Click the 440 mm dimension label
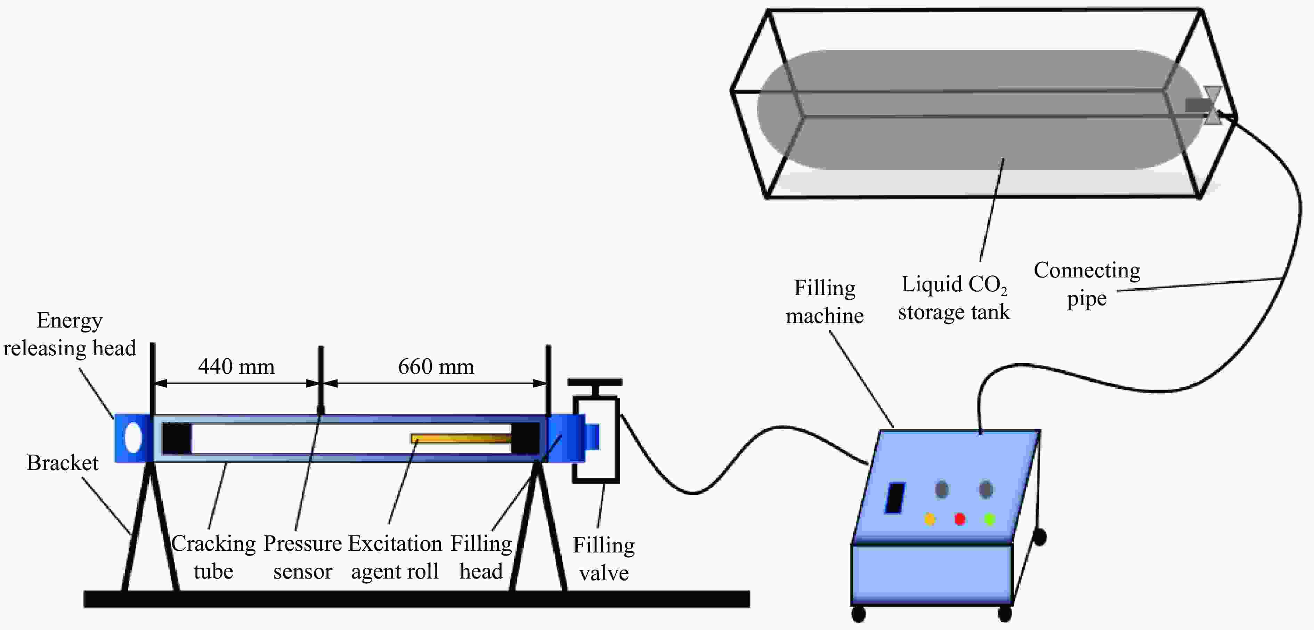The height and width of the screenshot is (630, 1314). pyautogui.click(x=236, y=366)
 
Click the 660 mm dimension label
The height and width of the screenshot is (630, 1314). pyautogui.click(x=436, y=366)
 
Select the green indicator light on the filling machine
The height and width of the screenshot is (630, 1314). pyautogui.click(x=990, y=519)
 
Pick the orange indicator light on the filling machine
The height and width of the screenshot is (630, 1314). pyautogui.click(x=930, y=519)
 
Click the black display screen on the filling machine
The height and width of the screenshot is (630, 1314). pyautogui.click(x=895, y=498)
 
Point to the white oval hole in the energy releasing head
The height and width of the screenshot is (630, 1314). pyautogui.click(x=133, y=438)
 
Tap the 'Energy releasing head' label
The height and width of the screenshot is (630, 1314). pyautogui.click(x=70, y=334)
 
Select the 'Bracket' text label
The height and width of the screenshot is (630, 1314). pyautogui.click(x=62, y=463)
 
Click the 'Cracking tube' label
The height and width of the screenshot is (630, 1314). pyautogui.click(x=213, y=557)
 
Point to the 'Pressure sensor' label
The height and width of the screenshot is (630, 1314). pyautogui.click(x=302, y=557)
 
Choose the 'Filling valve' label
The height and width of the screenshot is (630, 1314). pyautogui.click(x=604, y=559)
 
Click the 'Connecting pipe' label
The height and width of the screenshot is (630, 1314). pyautogui.click(x=1087, y=284)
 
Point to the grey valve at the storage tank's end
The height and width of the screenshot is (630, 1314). pyautogui.click(x=1212, y=105)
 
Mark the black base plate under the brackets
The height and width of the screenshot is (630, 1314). pyautogui.click(x=416, y=599)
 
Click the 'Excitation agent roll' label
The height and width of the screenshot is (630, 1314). pyautogui.click(x=395, y=557)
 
